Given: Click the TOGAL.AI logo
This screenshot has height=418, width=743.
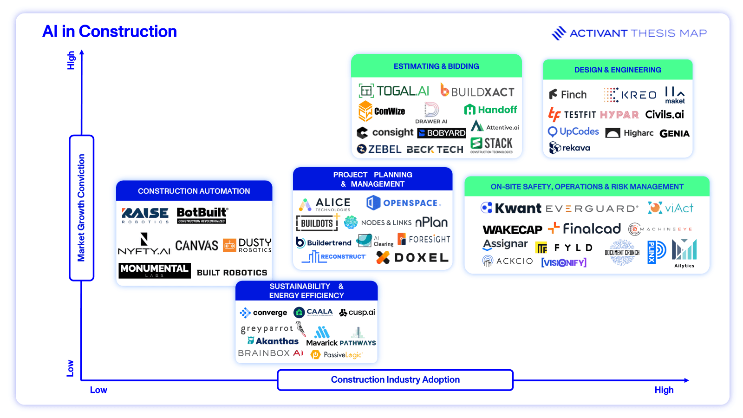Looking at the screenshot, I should (x=394, y=91).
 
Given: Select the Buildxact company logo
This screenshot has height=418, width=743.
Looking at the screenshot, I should (x=477, y=91).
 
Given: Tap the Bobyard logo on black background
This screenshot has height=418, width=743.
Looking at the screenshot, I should (x=442, y=133).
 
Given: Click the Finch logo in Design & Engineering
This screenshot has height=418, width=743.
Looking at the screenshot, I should (x=568, y=95).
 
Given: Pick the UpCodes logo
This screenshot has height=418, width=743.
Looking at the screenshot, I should (x=574, y=132).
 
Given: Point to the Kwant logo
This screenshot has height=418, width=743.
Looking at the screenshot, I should (x=511, y=208).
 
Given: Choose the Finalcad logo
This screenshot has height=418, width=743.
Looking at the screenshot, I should (x=585, y=229).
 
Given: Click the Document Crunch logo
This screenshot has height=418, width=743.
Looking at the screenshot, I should (x=622, y=252).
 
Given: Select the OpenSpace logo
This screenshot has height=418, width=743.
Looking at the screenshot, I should (x=403, y=203).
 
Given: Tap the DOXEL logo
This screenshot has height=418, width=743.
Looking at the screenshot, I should (x=412, y=258).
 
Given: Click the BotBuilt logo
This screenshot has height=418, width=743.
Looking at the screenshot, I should (x=202, y=215).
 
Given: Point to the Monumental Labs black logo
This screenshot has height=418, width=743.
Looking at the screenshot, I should (x=154, y=270).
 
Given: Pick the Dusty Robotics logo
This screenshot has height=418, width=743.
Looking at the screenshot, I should (x=248, y=245).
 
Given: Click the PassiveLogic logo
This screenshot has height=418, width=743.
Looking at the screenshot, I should (x=336, y=355).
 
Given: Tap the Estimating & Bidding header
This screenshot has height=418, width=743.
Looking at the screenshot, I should (x=436, y=66).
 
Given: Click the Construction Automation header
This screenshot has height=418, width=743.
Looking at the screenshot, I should (x=194, y=191).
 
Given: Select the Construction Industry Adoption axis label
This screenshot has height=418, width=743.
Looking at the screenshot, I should (x=395, y=380).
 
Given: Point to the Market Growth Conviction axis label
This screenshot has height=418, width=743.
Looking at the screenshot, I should (x=81, y=208).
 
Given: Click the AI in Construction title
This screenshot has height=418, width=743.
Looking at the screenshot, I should (x=110, y=32).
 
